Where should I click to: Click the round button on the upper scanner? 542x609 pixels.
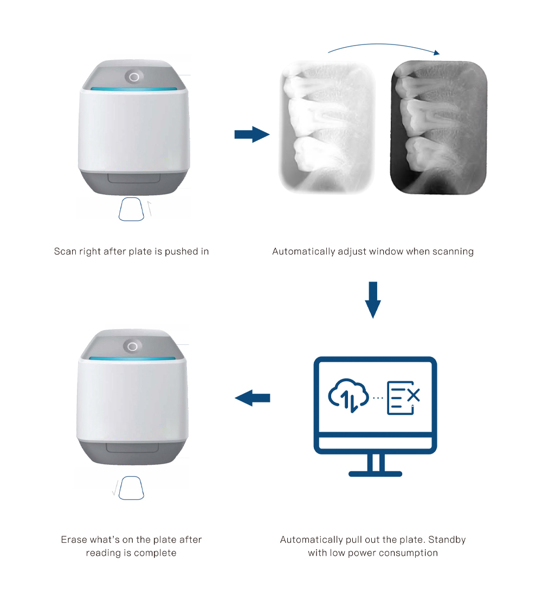click(134, 76)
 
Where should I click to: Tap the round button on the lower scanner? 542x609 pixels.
click(132, 346)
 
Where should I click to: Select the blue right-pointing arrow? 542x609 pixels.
click(252, 134)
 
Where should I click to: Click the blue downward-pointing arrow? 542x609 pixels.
click(373, 300)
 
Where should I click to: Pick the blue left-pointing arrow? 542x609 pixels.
click(253, 398)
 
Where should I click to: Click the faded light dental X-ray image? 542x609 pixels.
click(327, 127)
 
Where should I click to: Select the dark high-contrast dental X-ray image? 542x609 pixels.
click(438, 127)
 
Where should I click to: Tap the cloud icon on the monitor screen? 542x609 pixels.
click(349, 395)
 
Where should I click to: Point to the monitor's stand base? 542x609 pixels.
click(375, 474)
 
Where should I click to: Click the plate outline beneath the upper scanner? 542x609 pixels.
click(131, 209)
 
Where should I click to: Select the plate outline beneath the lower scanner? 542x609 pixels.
click(131, 488)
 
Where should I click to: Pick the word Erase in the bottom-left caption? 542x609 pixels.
click(74, 540)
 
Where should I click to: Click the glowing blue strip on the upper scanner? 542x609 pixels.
click(134, 89)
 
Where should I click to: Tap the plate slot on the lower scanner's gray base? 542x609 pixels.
click(132, 447)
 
